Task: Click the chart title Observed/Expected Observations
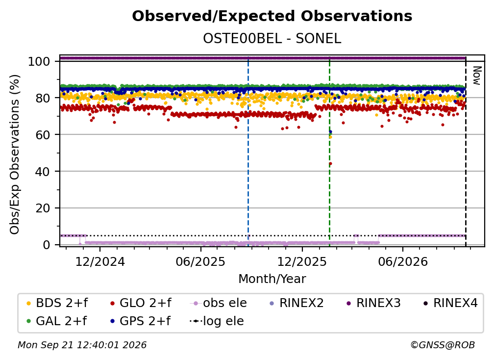272,16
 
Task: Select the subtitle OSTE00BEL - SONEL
272,39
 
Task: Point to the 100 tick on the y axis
39,61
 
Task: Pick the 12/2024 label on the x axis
100,261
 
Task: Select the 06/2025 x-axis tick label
201,261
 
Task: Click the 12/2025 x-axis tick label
302,261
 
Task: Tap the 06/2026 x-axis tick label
403,261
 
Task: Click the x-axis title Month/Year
272,279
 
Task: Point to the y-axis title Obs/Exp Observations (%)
15,154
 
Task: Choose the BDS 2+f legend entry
57,303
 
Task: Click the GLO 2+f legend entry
141,303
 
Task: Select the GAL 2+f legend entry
57,321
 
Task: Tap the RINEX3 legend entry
373,303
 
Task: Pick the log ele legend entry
217,321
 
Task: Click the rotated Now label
477,76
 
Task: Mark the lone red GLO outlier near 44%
330,164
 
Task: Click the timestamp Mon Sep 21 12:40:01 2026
82,345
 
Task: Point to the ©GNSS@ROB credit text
443,345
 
